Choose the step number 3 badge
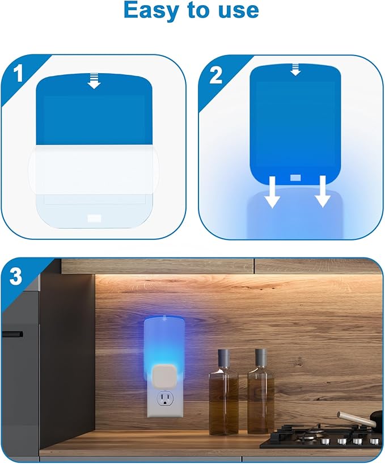tap(16, 277)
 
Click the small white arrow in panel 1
tap(94, 83)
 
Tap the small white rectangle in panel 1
tap(94, 217)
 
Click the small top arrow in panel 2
tap(295, 69)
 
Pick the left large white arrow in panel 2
tap(273, 191)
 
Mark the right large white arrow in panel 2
tap(323, 191)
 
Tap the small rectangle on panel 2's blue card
tap(295, 178)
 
